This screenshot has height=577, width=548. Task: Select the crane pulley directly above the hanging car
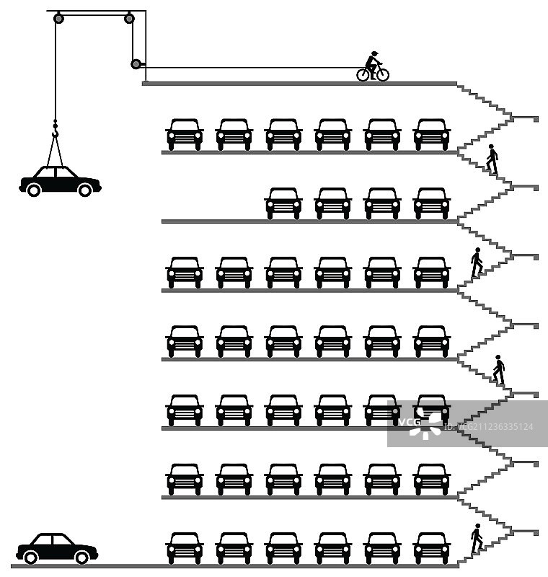[x=58, y=18]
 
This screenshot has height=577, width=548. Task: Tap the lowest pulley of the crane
[x=136, y=64]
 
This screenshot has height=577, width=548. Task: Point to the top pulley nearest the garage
[x=129, y=18]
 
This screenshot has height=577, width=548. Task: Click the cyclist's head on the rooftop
[x=374, y=54]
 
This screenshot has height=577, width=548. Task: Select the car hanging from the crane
[x=60, y=180]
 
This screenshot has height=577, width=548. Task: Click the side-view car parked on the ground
[x=57, y=549]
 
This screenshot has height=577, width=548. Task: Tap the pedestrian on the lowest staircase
[x=476, y=538]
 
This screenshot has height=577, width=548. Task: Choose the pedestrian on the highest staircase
[x=492, y=159]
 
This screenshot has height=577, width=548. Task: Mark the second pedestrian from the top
[x=477, y=263]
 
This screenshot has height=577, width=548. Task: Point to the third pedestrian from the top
[x=498, y=369]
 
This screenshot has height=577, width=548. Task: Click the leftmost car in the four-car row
[x=283, y=203]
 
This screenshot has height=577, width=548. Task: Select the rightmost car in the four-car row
[x=432, y=203]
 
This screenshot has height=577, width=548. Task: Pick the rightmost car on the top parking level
[x=432, y=134]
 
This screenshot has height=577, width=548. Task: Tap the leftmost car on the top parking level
[x=185, y=134]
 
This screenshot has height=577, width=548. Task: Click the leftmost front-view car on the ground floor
[x=185, y=548]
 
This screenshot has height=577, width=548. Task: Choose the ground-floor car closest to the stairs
[x=432, y=548]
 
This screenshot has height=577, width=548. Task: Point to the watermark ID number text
[x=490, y=427]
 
